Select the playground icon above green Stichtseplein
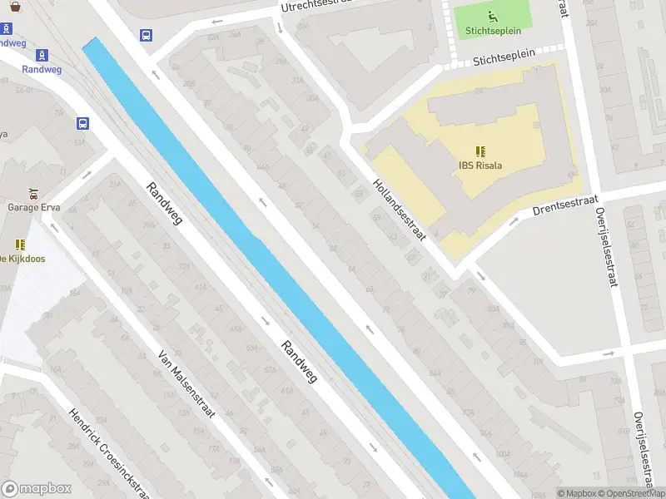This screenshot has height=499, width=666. (x=492, y=15)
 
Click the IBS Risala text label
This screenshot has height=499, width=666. (x=480, y=165)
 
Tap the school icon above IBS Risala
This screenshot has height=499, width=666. (x=480, y=151)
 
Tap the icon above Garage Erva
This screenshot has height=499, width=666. (x=33, y=192)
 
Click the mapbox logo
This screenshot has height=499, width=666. (x=37, y=489)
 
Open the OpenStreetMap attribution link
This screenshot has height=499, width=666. (x=631, y=493)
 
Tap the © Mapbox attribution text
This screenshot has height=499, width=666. (x=575, y=493)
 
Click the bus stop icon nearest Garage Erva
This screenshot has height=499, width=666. (x=82, y=123)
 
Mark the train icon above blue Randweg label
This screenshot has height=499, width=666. (x=42, y=55)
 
